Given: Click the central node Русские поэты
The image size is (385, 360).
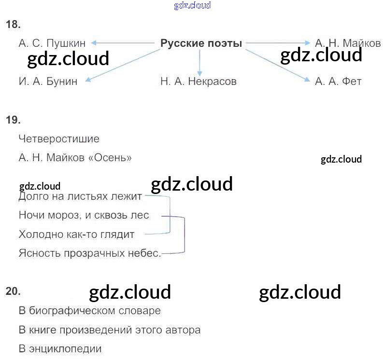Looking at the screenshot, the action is pos(201,43).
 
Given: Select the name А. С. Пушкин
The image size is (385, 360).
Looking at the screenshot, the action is pos(52,43).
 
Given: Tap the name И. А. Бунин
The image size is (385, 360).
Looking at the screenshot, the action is pos(48,81).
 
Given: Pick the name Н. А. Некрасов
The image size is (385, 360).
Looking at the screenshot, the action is pos(199,81).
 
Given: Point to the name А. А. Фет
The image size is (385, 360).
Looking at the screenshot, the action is pos(338,81).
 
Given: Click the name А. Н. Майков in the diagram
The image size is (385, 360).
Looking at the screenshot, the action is pos(348,43).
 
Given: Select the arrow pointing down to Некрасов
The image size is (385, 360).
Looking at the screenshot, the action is pos(200,63).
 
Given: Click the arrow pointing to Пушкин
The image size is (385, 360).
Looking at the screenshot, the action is pos(123,43).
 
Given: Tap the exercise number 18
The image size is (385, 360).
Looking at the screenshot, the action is pos(13,25).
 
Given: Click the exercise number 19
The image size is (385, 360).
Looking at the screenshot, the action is pos(13,120).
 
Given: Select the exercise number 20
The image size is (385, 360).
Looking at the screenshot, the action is pos(13,291).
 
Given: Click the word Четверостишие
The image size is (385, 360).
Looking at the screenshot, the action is pos(59,139).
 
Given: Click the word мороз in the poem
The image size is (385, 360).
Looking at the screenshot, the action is pos(64,215).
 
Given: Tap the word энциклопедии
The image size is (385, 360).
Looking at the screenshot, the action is pos(65,349).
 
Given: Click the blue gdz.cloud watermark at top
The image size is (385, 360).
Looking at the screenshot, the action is pos(192,5).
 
